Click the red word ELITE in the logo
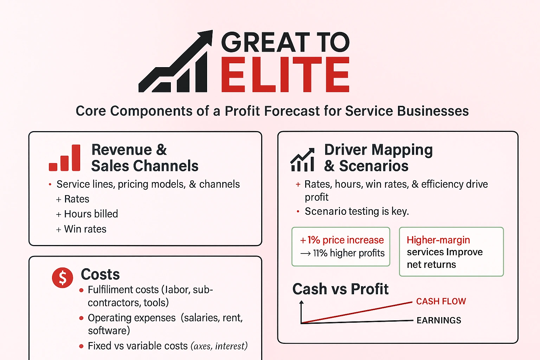coord(285,75)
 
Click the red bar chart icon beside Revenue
coord(65,158)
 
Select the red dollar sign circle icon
coord(63,277)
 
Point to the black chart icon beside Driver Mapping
coord(302,160)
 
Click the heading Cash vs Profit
coord(340,289)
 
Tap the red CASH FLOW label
coord(441,301)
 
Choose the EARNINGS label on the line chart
coord(439,320)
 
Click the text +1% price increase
coord(342,240)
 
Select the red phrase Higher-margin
coord(438,240)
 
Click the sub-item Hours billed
coord(91,214)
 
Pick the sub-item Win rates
coord(85,229)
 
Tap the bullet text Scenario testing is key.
coord(356,211)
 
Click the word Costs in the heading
coord(100,274)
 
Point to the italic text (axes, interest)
coord(219,346)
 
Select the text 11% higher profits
coord(348,253)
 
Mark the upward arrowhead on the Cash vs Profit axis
coord(301,302)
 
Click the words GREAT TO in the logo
coord(285,42)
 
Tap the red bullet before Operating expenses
coord(81,318)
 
